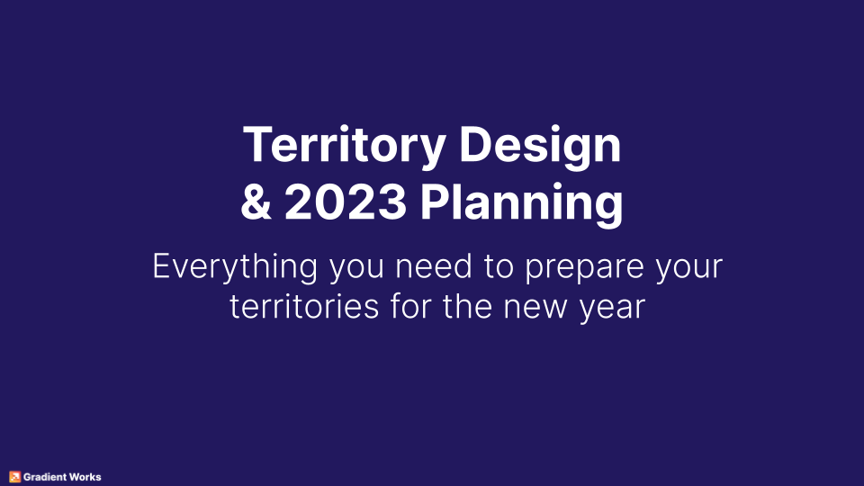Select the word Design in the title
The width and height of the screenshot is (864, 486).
click(x=540, y=146)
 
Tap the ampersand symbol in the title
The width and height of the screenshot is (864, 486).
click(x=256, y=203)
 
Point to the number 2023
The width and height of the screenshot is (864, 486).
click(x=346, y=203)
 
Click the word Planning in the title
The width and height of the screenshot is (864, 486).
click(x=522, y=205)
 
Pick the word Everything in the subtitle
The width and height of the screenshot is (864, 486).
click(x=235, y=267)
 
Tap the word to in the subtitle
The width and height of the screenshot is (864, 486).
click(x=511, y=267)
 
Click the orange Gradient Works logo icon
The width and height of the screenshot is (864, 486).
click(x=14, y=477)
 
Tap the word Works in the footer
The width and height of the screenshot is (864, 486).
click(x=87, y=477)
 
